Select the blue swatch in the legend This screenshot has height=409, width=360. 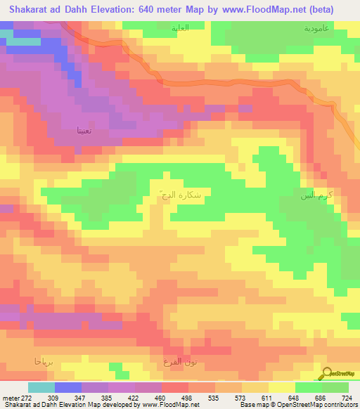click(68, 388)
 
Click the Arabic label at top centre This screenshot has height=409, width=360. click(181, 29)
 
